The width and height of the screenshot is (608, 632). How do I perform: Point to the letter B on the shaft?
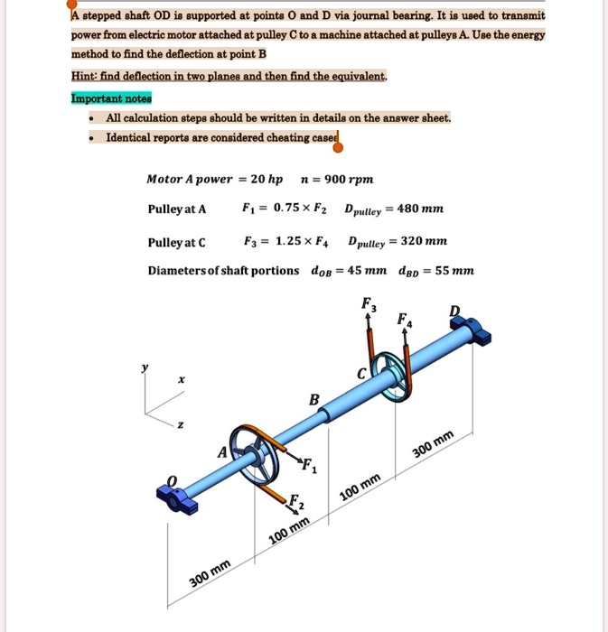[313, 398]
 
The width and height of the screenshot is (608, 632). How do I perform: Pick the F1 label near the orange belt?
[309, 468]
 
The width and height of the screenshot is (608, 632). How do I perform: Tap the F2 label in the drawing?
[295, 503]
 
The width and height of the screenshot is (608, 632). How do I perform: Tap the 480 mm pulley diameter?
[420, 209]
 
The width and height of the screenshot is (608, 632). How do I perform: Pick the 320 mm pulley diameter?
[424, 242]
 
